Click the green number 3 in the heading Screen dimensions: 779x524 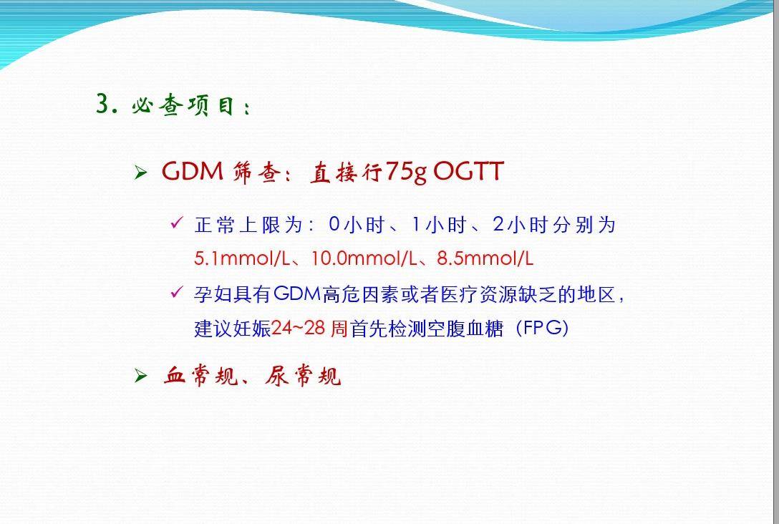tap(103, 104)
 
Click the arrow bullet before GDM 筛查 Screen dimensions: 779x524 tap(140, 173)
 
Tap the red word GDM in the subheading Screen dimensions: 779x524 tap(193, 171)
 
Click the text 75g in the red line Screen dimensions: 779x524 tap(405, 173)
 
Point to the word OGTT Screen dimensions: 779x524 tap(468, 171)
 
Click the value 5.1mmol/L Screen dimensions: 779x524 tap(241, 258)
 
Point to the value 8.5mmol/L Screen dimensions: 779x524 tap(485, 258)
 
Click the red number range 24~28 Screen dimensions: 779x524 tap(299, 328)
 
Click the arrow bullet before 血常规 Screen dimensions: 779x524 tap(140, 376)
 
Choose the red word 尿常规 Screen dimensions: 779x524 tap(303, 376)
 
